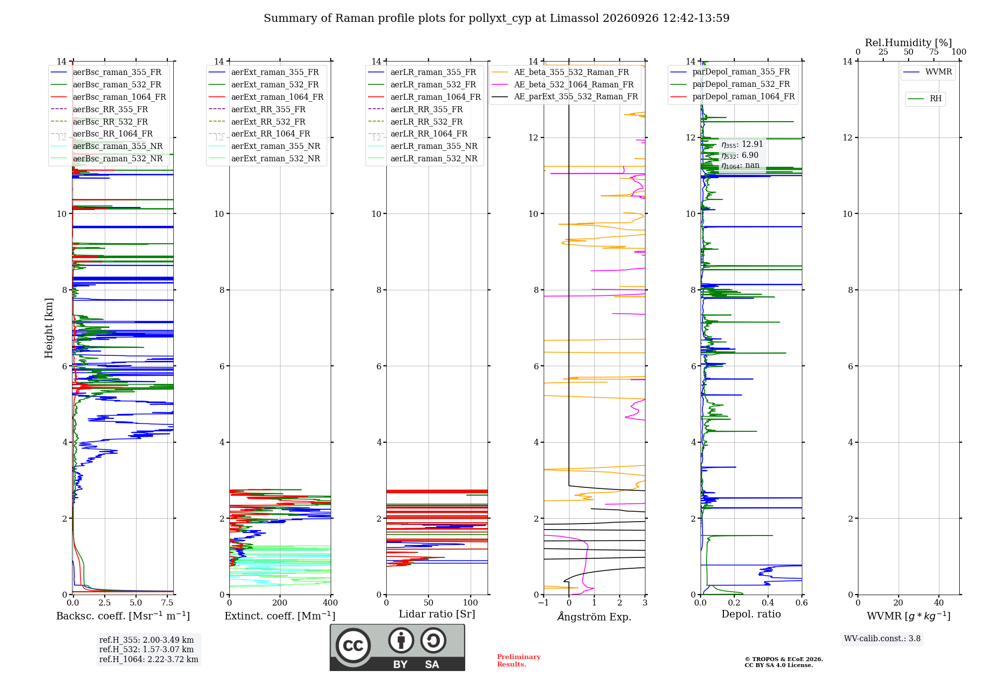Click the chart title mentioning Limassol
click(x=496, y=18)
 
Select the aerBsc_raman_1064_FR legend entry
click(x=108, y=97)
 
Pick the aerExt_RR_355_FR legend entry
click(x=257, y=109)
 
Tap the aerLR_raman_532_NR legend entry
click(x=423, y=159)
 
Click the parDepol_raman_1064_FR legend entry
click(x=732, y=97)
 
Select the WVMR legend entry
click(x=927, y=72)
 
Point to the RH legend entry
click(x=924, y=99)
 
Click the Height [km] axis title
click(x=49, y=328)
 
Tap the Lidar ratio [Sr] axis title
click(x=437, y=614)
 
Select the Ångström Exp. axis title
click(x=594, y=616)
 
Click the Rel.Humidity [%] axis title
click(x=909, y=43)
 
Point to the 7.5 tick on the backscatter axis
click(x=167, y=603)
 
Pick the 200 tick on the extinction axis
click(x=280, y=603)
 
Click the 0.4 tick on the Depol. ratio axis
click(x=768, y=603)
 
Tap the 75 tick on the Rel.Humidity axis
click(x=934, y=52)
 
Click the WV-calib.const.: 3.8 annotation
click(x=882, y=639)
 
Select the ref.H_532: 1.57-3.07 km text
click(x=146, y=649)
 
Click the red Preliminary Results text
click(x=519, y=661)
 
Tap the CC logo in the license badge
click(x=353, y=645)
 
